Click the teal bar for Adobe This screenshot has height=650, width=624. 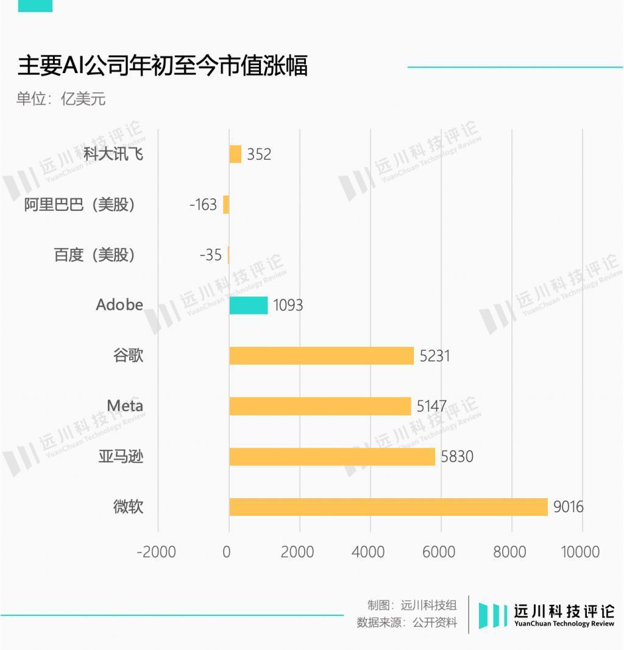[248, 305]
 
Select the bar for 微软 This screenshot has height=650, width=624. [388, 507]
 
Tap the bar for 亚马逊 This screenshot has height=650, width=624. [332, 457]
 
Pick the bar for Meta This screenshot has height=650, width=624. [320, 406]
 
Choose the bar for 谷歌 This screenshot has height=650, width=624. [321, 355]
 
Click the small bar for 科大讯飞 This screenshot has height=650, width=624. [235, 154]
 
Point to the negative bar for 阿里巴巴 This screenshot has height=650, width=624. [226, 204]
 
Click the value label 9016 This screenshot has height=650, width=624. [568, 507]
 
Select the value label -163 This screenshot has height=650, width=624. [203, 205]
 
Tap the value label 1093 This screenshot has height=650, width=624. [288, 305]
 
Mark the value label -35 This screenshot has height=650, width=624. [210, 255]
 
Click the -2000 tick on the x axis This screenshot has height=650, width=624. [156, 552]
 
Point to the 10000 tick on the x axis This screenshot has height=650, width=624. [580, 552]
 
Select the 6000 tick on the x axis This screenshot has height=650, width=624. [439, 552]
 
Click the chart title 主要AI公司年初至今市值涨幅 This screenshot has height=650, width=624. [162, 66]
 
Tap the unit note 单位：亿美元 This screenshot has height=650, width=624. [61, 99]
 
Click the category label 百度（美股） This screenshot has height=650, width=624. [94, 255]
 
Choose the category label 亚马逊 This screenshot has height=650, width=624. [121, 456]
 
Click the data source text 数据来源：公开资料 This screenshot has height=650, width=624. [406, 623]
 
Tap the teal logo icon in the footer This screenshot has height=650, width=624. [492, 615]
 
